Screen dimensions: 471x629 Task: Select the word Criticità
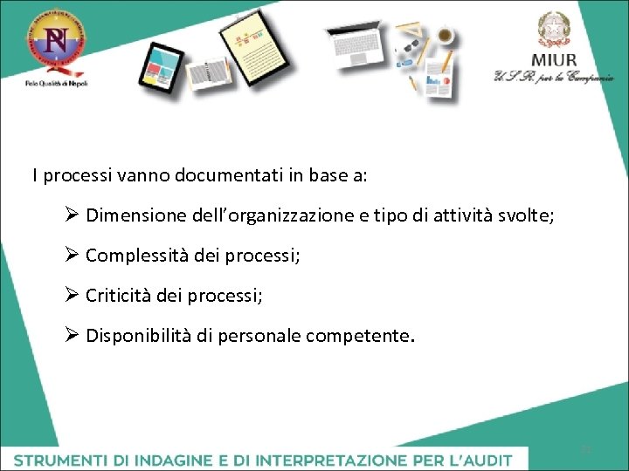tap(117, 296)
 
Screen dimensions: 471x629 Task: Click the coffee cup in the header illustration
tap(446, 36)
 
